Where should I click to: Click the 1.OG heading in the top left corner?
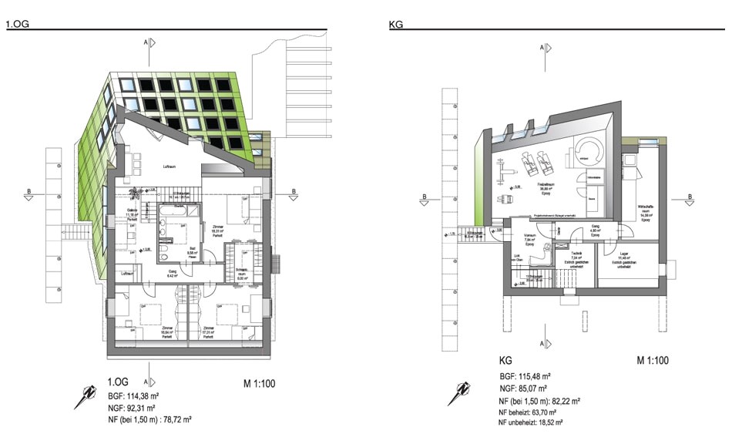tap(18, 25)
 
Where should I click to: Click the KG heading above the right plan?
tap(397, 25)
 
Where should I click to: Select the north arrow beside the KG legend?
tap(458, 393)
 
